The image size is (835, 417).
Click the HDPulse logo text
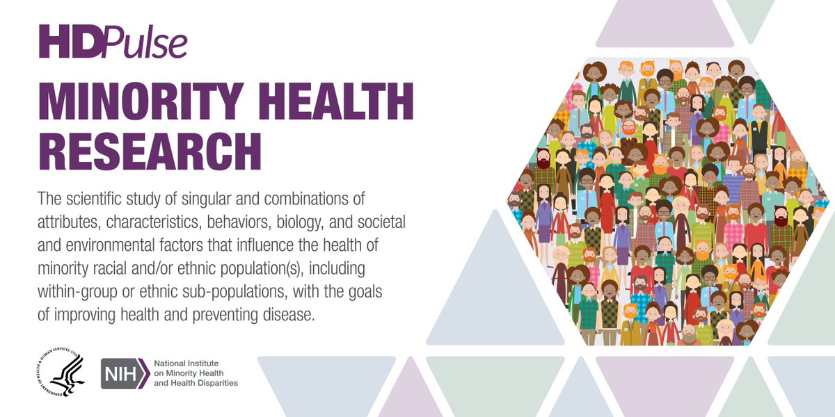(x=113, y=42)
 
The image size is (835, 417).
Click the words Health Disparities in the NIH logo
(x=205, y=383)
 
